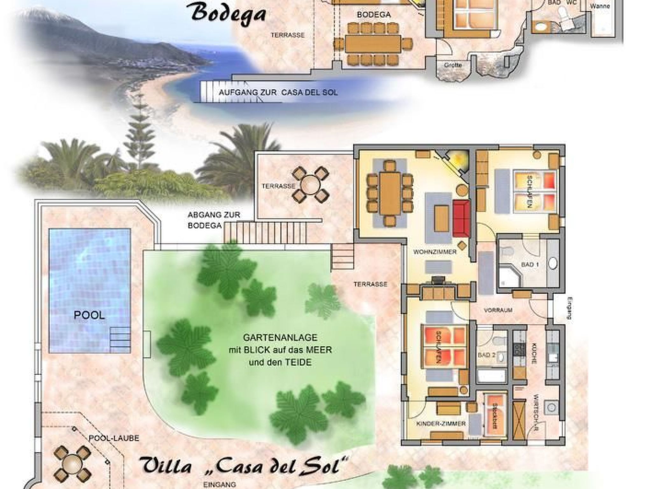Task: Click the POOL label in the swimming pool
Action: [x=89, y=315]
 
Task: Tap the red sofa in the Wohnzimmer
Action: [x=461, y=218]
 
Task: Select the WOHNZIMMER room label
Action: [x=435, y=252]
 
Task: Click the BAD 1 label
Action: [x=530, y=265]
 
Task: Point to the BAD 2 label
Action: [x=486, y=355]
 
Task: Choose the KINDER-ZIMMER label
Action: [x=441, y=424]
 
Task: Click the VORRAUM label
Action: [x=498, y=310]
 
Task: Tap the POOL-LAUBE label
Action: [x=114, y=438]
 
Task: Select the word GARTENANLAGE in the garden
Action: [x=280, y=337]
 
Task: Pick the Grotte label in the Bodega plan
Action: [x=453, y=65]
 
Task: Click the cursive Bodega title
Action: [x=229, y=14]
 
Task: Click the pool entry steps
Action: [x=120, y=339]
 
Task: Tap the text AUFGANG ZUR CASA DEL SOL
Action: [x=278, y=93]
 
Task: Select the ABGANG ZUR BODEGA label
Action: [x=214, y=220]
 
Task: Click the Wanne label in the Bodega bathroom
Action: [x=600, y=6]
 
